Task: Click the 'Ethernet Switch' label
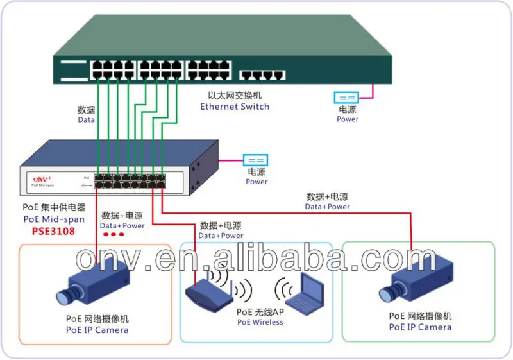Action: (234, 107)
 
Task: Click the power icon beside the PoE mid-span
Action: (255, 160)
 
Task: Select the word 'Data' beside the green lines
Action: (86, 119)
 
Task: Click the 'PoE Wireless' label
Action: (260, 322)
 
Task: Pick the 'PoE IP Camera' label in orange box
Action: (97, 330)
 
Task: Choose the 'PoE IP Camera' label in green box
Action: (420, 327)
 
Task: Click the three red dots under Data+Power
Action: (113, 234)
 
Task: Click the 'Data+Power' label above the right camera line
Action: (327, 207)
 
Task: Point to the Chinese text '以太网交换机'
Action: (234, 95)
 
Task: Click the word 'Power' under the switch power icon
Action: (348, 119)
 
